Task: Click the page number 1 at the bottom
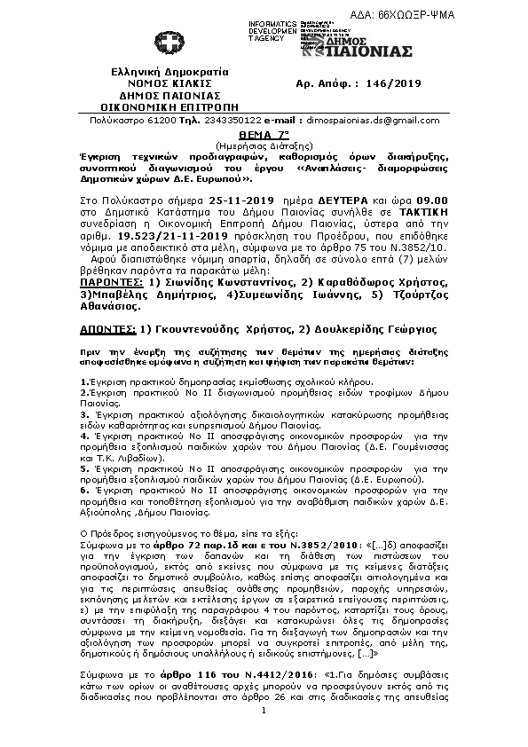(264, 735)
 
